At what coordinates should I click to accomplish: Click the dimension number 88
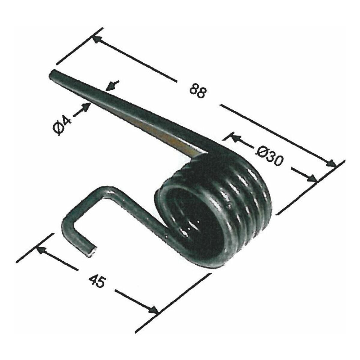[198, 91]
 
